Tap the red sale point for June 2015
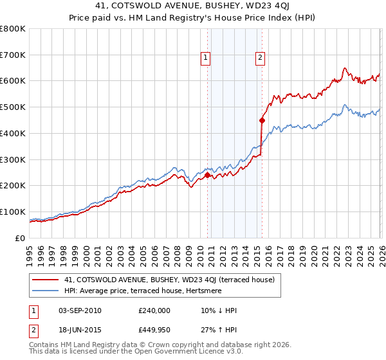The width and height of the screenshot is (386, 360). [x=262, y=120]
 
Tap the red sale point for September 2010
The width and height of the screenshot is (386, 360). [x=207, y=175]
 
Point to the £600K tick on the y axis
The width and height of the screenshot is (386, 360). [x=13, y=81]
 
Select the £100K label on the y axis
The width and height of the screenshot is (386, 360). [x=13, y=212]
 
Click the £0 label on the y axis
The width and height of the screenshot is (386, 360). [x=20, y=238]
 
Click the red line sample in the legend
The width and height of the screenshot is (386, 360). [x=46, y=280]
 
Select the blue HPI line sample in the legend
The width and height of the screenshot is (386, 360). [x=46, y=291]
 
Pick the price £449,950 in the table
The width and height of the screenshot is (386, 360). [x=154, y=330]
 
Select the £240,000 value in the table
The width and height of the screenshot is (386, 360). [x=154, y=310]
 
